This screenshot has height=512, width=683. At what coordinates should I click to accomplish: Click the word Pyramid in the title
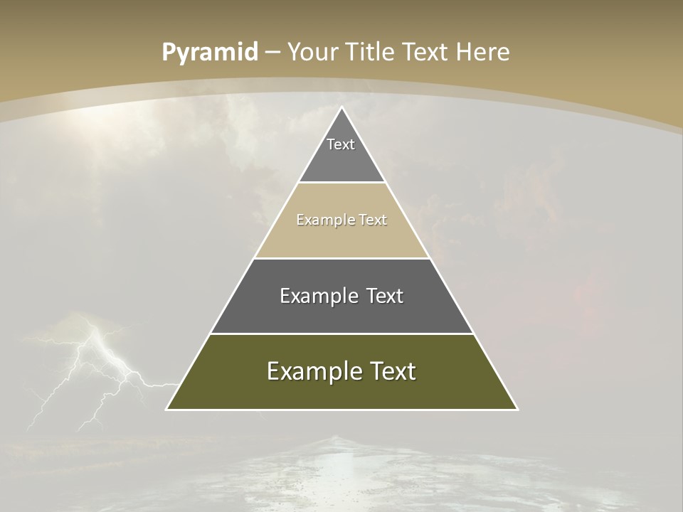point(210,53)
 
